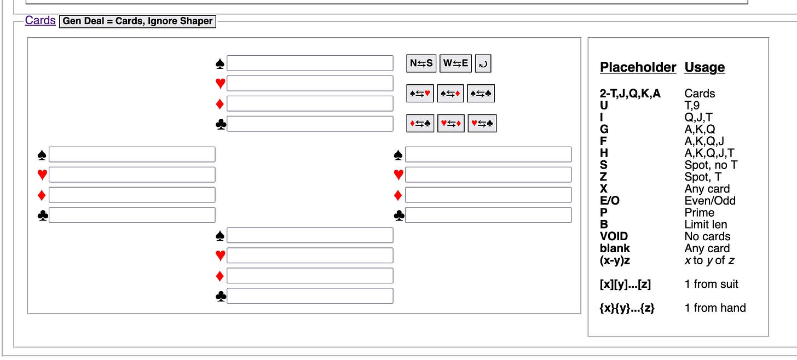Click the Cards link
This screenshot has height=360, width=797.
pyautogui.click(x=40, y=21)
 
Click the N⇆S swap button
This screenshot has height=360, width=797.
pyautogui.click(x=421, y=63)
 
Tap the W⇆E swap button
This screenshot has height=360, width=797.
pyautogui.click(x=455, y=63)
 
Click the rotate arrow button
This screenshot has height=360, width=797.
pyautogui.click(x=483, y=63)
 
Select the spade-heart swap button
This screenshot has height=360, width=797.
pyautogui.click(x=420, y=94)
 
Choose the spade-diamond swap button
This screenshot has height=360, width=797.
pyautogui.click(x=451, y=94)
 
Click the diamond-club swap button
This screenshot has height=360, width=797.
pyautogui.click(x=420, y=124)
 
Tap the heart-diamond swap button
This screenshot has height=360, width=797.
pyautogui.click(x=451, y=124)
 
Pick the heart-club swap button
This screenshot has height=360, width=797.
pyautogui.click(x=482, y=124)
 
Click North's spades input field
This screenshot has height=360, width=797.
pyautogui.click(x=310, y=63)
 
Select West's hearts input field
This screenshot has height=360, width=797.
pyautogui.click(x=132, y=175)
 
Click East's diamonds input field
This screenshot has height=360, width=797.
pyautogui.click(x=488, y=195)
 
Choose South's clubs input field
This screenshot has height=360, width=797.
pyautogui.click(x=310, y=296)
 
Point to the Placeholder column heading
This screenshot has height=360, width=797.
pyautogui.click(x=638, y=67)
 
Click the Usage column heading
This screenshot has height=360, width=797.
pyautogui.click(x=704, y=67)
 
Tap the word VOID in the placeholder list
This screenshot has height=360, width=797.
pyautogui.click(x=614, y=236)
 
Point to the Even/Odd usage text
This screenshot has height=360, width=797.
pyautogui.click(x=710, y=201)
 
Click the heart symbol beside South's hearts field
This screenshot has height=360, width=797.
pyautogui.click(x=220, y=256)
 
